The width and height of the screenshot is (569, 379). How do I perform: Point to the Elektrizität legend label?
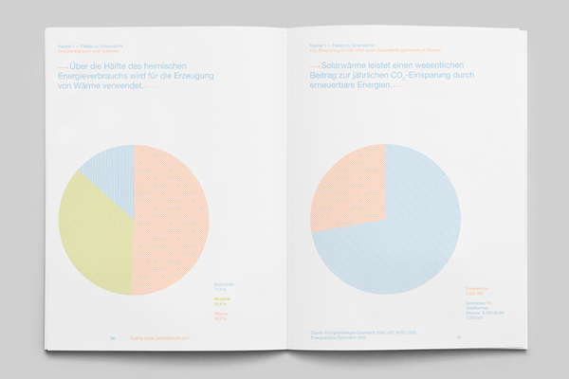220,284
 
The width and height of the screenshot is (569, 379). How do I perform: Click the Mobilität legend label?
219,299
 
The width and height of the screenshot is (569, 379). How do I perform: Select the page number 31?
457,335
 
